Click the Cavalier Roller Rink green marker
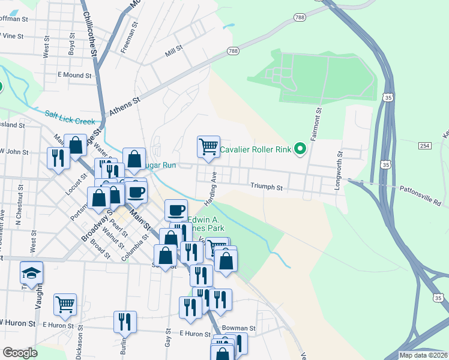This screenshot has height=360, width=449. click(299, 150)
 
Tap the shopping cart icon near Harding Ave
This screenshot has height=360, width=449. click(208, 146)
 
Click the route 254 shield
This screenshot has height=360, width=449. click(425, 146)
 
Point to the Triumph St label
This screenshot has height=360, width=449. click(267, 187)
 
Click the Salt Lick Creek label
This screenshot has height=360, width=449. click(70, 117)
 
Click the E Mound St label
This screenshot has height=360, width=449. click(74, 76)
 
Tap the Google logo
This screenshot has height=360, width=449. click(20, 353)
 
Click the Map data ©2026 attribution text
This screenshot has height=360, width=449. click(423, 355)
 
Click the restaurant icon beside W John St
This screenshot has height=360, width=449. click(58, 158)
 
